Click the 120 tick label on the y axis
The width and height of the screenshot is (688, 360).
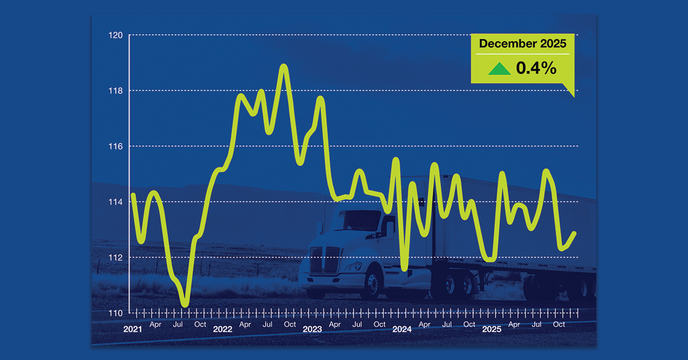click(x=116, y=35)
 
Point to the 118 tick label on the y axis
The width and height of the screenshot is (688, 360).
click(x=116, y=91)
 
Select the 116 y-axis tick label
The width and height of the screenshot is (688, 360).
click(x=116, y=146)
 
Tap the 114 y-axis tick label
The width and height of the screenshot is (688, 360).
click(x=116, y=202)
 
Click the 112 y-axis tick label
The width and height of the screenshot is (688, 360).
click(x=116, y=257)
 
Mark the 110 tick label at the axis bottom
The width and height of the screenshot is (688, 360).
click(x=116, y=313)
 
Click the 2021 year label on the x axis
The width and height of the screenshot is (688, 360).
click(x=132, y=330)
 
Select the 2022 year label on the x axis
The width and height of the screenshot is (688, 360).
click(x=222, y=330)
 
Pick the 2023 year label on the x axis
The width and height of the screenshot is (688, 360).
click(x=312, y=330)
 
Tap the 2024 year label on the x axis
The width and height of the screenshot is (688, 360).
click(x=402, y=330)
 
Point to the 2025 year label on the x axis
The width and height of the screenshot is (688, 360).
click(x=492, y=330)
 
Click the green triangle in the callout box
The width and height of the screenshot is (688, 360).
click(x=499, y=69)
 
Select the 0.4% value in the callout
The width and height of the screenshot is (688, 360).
click(x=536, y=68)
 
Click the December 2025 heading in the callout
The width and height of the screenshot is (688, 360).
click(x=522, y=44)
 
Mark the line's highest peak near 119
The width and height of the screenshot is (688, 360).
click(x=283, y=66)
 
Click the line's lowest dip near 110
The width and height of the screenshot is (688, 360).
click(x=185, y=304)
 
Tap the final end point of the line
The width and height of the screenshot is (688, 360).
click(x=574, y=233)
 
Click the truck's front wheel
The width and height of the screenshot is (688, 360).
click(x=373, y=285)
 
